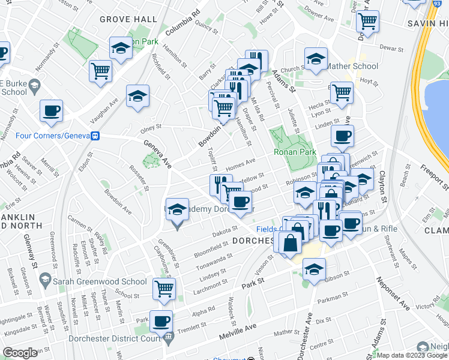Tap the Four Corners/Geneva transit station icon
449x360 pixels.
[x=95, y=136]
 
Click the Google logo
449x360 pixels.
[x=20, y=353]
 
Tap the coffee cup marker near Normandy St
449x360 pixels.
[x=51, y=110]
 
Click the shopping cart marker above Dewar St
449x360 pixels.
[x=367, y=22]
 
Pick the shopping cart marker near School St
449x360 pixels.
[x=164, y=289]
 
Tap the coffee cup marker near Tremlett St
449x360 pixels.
[x=161, y=320]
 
